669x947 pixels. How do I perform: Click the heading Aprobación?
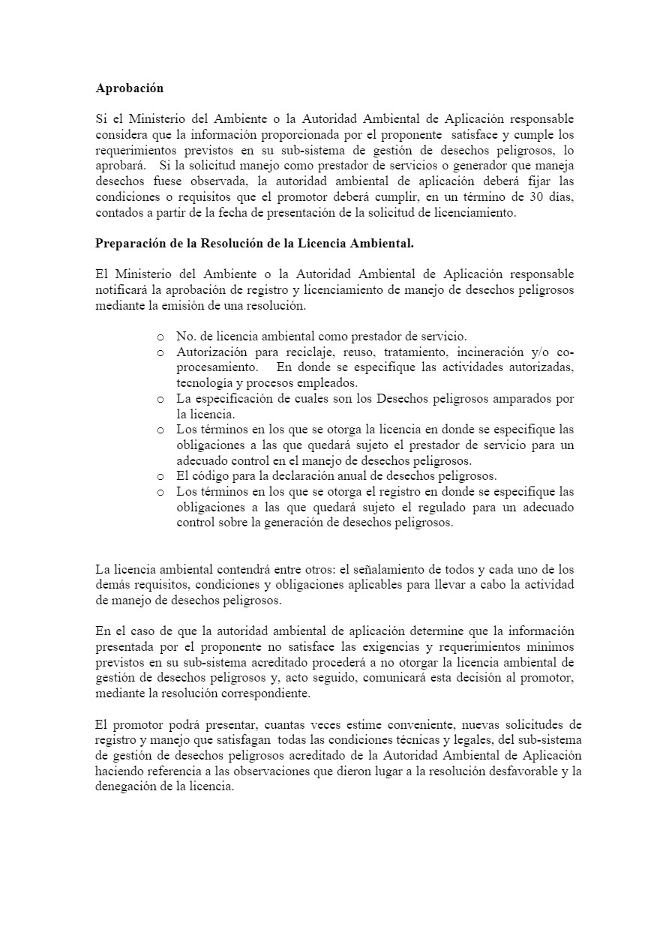[x=130, y=88]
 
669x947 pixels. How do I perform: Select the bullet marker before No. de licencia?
[x=160, y=337]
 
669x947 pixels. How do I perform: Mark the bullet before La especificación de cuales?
[x=160, y=400]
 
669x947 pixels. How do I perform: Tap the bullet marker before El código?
[x=160, y=477]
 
